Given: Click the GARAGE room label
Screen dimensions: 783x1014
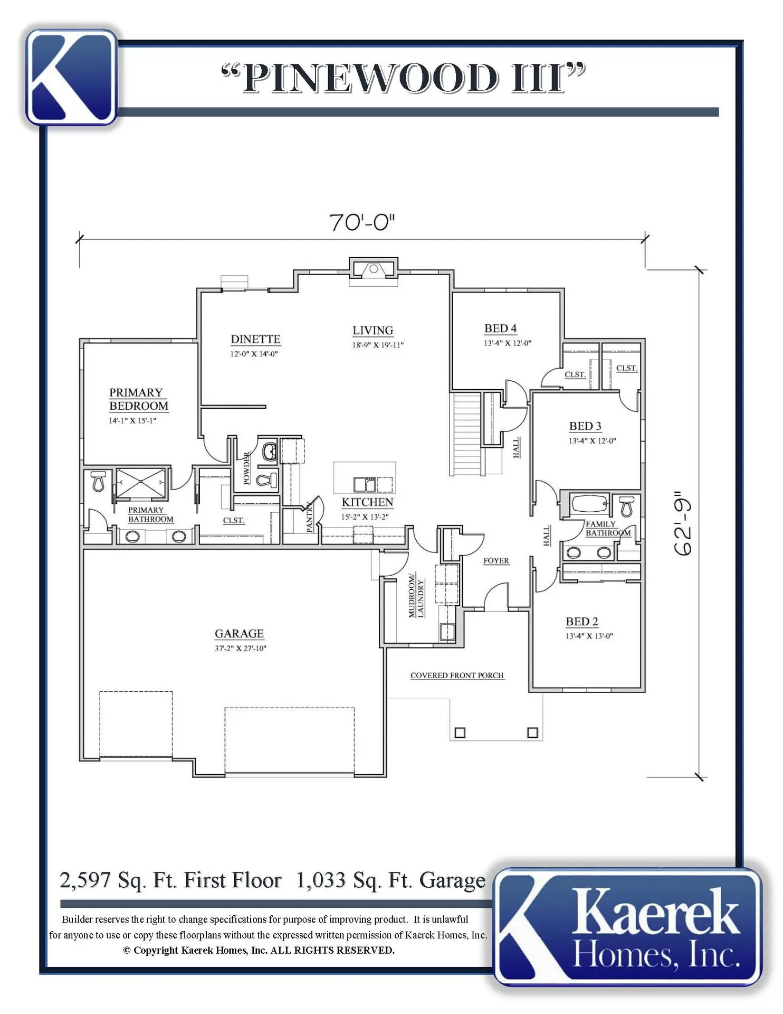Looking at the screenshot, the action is (239, 633).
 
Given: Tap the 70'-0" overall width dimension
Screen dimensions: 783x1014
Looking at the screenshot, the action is (362, 222).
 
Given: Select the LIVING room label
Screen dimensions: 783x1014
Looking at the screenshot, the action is (373, 330).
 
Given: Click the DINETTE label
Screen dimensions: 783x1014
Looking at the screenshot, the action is (255, 339).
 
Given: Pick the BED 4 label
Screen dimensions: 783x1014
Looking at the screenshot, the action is (500, 328).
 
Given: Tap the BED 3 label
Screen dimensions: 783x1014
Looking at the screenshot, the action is (585, 426).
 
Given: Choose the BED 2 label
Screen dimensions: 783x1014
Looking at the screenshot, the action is (582, 622).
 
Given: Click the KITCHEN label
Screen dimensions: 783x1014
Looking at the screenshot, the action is (368, 502).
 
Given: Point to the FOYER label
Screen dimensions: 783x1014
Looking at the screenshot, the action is (496, 560).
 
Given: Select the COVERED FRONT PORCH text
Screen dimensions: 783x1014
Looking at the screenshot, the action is (457, 675).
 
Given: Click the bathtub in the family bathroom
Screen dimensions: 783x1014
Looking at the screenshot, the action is (590, 504).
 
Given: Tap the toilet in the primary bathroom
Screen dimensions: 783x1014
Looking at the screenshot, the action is (98, 481).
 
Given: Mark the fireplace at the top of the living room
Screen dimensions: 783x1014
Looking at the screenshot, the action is (374, 268).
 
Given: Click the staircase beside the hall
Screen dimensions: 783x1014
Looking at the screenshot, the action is (467, 433).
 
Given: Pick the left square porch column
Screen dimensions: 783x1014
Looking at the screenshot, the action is (460, 733).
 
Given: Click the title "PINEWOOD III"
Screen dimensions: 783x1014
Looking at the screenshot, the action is (404, 78).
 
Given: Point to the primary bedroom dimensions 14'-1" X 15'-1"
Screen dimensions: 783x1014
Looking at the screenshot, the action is (132, 421).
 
